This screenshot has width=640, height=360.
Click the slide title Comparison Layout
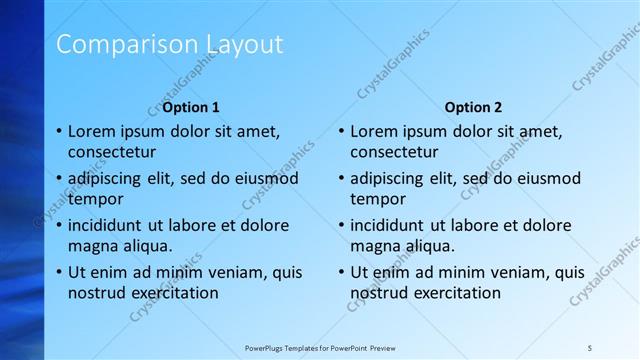pyautogui.click(x=169, y=44)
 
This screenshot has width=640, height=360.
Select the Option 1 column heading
pyautogui.click(x=191, y=107)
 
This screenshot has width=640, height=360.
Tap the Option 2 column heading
pyautogui.click(x=474, y=107)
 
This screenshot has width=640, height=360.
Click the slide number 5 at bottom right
pyautogui.click(x=590, y=347)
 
